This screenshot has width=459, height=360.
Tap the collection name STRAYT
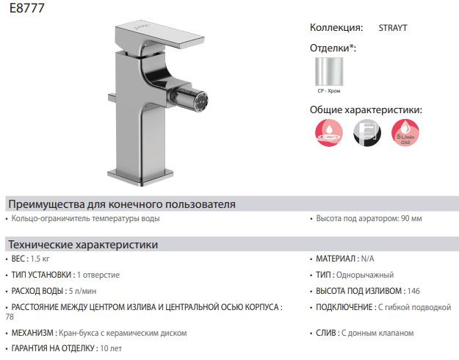393,29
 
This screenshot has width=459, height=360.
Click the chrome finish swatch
328,71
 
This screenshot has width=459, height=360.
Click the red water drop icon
328,135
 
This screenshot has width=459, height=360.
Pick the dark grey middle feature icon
367,135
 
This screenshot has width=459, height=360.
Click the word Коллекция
336,29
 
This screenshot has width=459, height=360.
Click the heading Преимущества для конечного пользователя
120,204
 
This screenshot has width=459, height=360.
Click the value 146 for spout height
414,291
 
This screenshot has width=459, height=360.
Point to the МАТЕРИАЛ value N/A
366,259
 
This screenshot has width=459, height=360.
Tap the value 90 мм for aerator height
408,219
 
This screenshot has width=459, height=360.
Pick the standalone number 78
10,317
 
